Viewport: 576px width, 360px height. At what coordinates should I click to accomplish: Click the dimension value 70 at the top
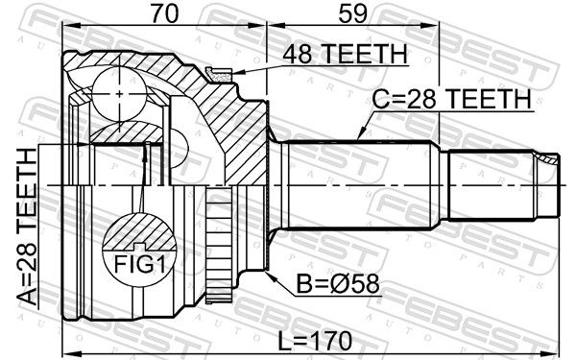[164, 13]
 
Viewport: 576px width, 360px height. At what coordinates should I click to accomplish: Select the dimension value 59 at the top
[352, 13]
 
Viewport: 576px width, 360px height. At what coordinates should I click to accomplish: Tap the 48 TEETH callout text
[345, 54]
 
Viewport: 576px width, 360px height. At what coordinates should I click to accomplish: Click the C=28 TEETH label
[451, 99]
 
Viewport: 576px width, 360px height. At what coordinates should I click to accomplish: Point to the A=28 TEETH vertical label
[28, 227]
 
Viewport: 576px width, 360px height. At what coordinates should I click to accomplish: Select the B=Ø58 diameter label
[338, 284]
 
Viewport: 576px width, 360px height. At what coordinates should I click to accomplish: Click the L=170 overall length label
[315, 341]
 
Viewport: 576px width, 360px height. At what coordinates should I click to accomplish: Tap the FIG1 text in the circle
[139, 263]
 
